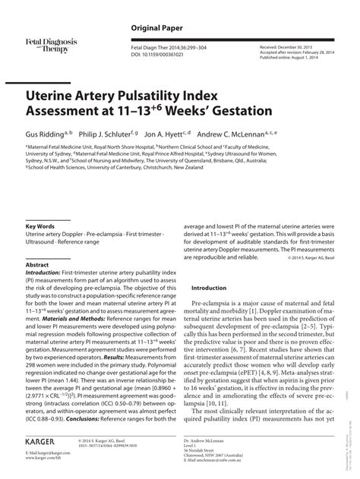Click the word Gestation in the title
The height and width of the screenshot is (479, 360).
[x=235, y=112]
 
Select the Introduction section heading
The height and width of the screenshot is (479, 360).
[x=210, y=267]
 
